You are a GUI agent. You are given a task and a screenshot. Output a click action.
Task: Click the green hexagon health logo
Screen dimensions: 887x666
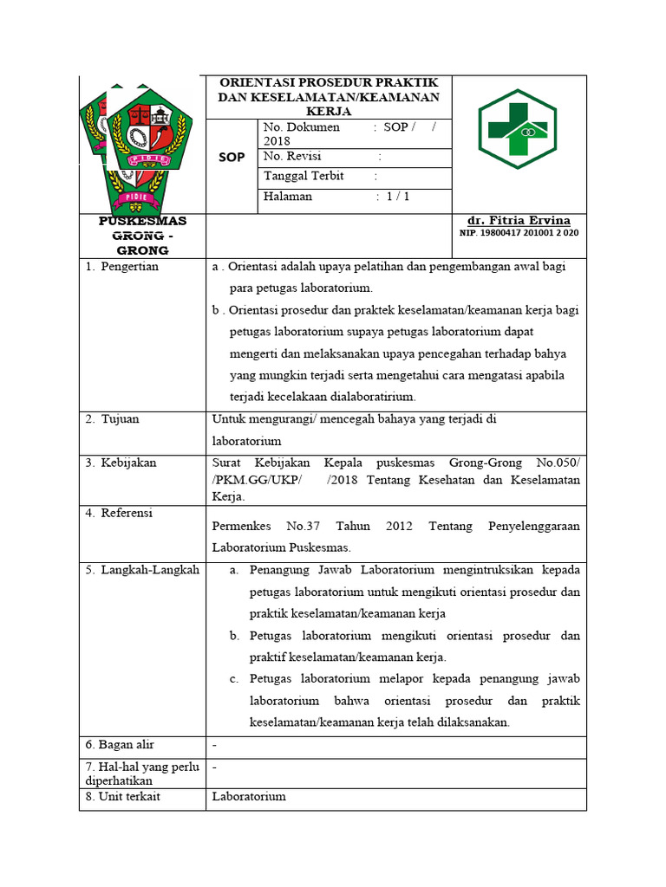pyautogui.click(x=518, y=128)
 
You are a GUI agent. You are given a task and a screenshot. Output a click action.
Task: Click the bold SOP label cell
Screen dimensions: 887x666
pyautogui.click(x=231, y=157)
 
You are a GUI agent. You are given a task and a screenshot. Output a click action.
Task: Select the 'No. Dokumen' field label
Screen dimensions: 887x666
pyautogui.click(x=302, y=127)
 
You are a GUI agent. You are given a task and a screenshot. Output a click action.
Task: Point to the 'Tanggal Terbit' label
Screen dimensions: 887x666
pyautogui.click(x=304, y=176)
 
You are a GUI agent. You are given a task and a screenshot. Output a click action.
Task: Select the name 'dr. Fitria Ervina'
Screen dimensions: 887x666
pyautogui.click(x=519, y=221)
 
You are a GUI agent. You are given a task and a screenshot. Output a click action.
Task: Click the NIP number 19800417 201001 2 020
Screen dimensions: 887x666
pyautogui.click(x=519, y=233)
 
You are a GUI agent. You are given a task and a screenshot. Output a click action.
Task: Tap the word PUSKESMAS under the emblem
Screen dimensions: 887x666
pyautogui.click(x=142, y=221)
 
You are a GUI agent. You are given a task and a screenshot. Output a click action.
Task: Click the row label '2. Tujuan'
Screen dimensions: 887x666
pyautogui.click(x=113, y=419)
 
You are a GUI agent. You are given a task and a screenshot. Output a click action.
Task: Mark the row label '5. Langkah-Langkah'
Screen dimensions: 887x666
pyautogui.click(x=142, y=570)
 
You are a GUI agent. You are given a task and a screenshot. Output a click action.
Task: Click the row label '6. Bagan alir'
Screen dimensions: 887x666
pyautogui.click(x=120, y=745)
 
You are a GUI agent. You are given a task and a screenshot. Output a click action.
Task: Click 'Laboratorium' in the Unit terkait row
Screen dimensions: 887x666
pyautogui.click(x=249, y=796)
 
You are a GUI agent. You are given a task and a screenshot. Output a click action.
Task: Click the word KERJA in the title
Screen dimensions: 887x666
pyautogui.click(x=329, y=112)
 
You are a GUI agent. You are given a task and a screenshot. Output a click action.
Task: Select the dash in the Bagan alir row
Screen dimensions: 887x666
pyautogui.click(x=214, y=745)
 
